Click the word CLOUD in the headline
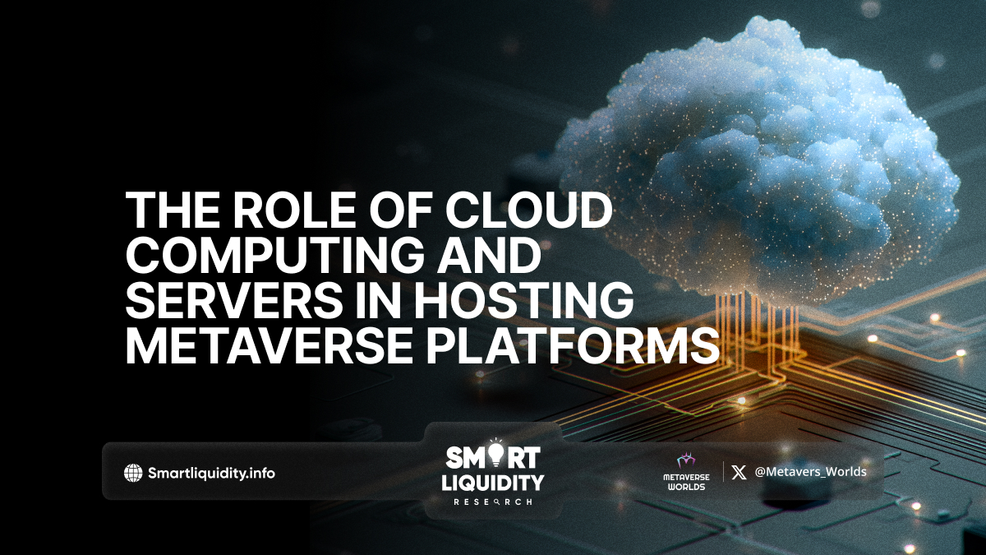pos(528,210)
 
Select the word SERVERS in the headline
pos(233,301)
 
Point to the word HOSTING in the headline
pos(523,301)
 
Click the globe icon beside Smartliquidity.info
pos(133,474)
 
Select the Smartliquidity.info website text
pos(211,474)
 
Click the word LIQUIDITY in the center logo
pos(492,483)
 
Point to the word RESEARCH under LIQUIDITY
pos(492,502)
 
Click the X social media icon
pos(739,473)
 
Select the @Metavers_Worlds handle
pos(810,472)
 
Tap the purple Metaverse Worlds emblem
pos(686,461)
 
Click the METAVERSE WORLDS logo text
pos(686,482)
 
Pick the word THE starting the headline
pos(172,210)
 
